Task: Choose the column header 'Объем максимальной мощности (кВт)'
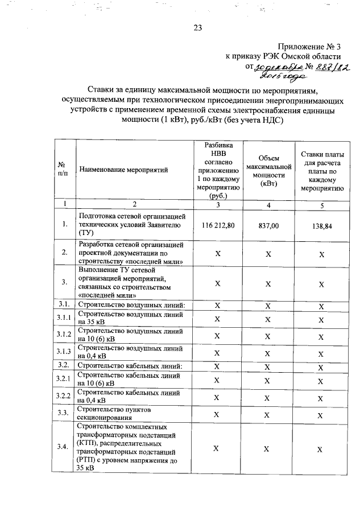pyautogui.click(x=268, y=170)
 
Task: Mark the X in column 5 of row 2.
pyautogui.click(x=321, y=254)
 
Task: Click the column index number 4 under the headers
pyautogui.click(x=268, y=205)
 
